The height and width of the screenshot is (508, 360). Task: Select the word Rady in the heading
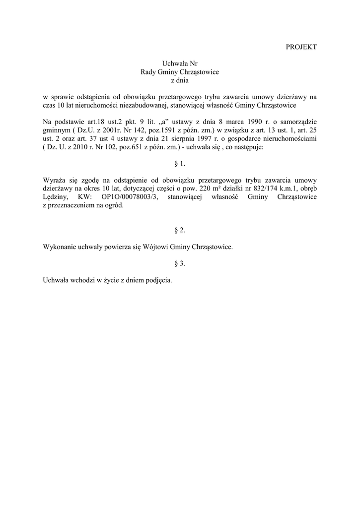click(148, 72)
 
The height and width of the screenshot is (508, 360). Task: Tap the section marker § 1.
click(180, 163)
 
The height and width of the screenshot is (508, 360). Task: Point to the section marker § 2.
click(180, 230)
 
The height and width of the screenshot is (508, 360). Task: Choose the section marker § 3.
click(180, 263)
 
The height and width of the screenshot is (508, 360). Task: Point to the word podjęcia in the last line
click(158, 280)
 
